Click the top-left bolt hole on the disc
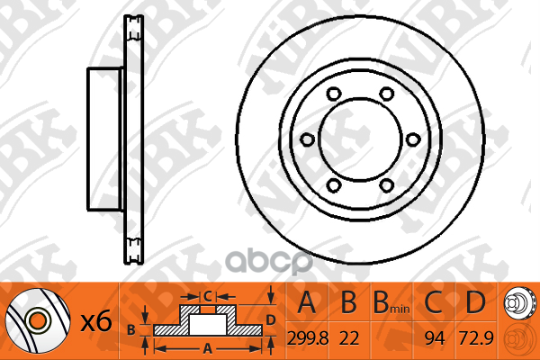pyautogui.click(x=334, y=94)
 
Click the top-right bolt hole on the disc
pyautogui.click(x=386, y=94)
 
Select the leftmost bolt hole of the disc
pyautogui.click(x=307, y=139)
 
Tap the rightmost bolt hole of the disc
pyautogui.click(x=413, y=139)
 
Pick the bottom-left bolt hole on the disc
pyautogui.click(x=334, y=185)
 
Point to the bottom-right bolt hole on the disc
pyautogui.click(x=386, y=185)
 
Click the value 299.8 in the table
pyautogui.click(x=308, y=338)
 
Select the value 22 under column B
pyautogui.click(x=349, y=338)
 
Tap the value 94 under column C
pyautogui.click(x=435, y=338)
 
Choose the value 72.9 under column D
pyautogui.click(x=477, y=338)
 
